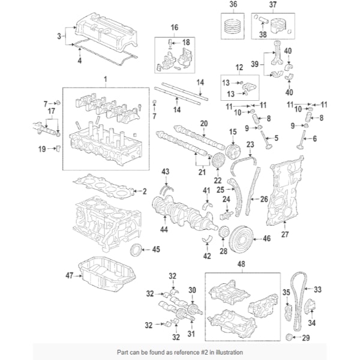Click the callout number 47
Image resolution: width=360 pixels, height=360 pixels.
tap(68, 275)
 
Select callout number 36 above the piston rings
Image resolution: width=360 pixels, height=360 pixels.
tap(233, 5)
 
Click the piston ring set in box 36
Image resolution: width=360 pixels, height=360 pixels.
tap(233, 26)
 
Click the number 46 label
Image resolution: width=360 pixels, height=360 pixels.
tap(267, 239)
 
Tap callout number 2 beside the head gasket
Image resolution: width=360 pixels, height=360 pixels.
tap(144, 191)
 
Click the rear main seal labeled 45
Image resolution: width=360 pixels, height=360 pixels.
tap(137, 250)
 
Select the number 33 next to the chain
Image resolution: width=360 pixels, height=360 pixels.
tap(317, 289)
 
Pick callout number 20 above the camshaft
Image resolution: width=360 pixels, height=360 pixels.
tap(203, 123)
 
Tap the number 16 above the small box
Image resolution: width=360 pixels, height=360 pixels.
tap(175, 28)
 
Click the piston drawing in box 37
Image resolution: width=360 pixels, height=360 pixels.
tap(275, 28)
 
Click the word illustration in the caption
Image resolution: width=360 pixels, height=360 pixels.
tap(227, 352)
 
